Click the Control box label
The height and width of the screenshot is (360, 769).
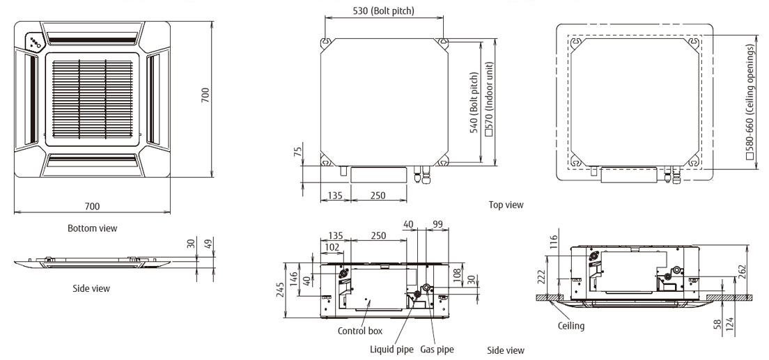point(361,331)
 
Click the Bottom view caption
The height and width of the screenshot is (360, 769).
point(93,228)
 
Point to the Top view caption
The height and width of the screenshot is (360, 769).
point(506,205)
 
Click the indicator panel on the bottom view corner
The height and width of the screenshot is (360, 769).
point(34,42)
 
